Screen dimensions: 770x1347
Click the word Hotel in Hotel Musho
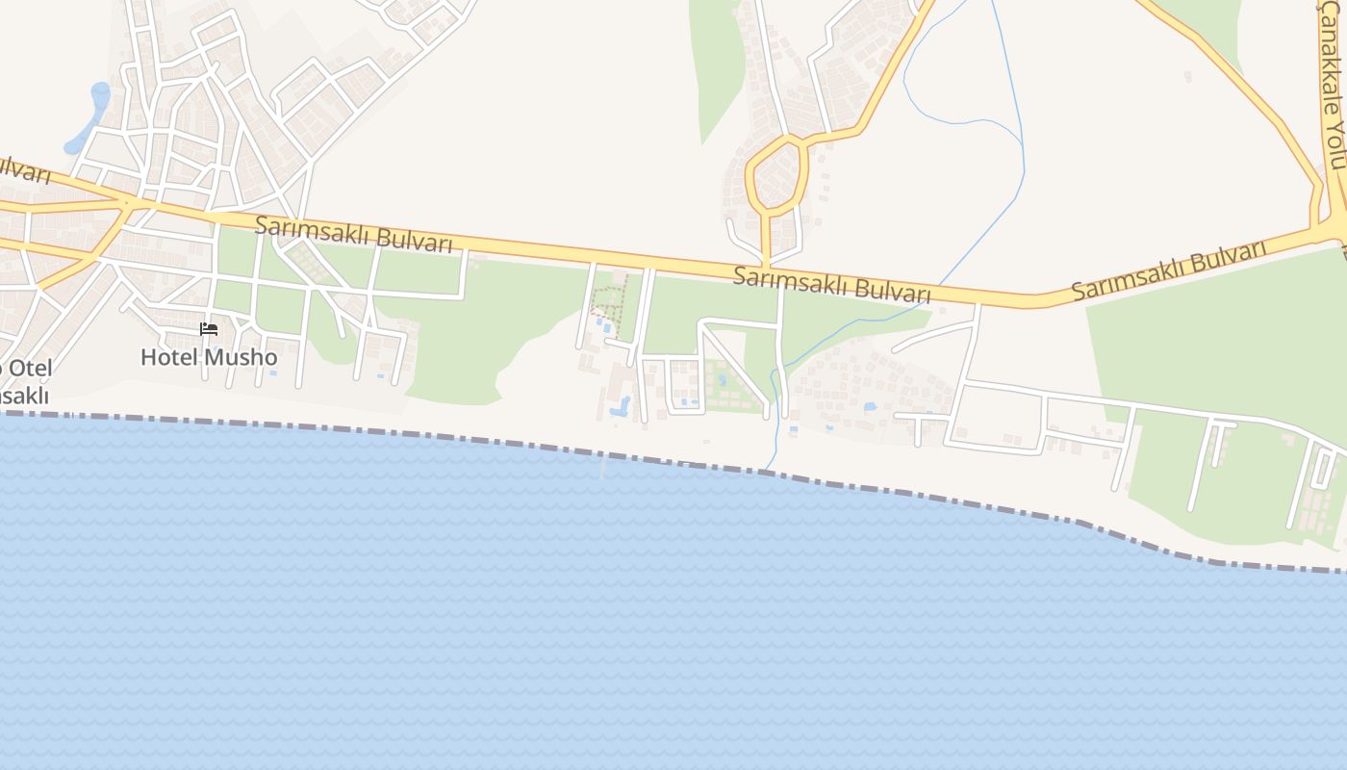click(168, 357)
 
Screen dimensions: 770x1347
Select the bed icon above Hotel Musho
click(209, 329)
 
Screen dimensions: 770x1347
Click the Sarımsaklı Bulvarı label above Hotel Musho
click(354, 234)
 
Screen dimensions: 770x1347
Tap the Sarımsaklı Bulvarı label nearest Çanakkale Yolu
click(1169, 271)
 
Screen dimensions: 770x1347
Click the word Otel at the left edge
click(29, 368)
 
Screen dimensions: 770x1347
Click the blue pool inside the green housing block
click(722, 380)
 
